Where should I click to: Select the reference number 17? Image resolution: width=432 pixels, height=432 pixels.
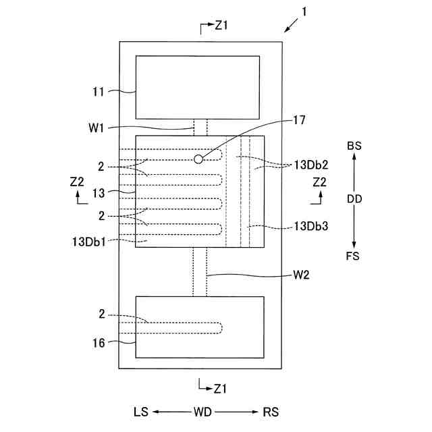299,121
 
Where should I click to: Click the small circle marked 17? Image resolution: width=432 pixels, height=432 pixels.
198,159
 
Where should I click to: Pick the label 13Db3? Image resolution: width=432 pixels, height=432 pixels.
310,227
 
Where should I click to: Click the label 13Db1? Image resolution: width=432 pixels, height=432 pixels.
87,240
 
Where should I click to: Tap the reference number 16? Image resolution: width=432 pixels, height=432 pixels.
99,343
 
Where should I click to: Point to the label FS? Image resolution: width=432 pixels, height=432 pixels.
352,256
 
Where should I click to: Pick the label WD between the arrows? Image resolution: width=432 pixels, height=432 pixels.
204,412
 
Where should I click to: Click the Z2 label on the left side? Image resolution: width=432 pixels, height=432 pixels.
77,182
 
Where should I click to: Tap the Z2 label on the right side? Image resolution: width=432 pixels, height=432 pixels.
319,182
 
